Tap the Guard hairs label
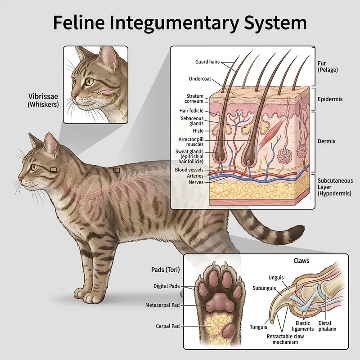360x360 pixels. (207, 62)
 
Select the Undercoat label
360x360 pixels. (200, 79)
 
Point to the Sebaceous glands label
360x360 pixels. (192, 121)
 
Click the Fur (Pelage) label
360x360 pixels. (328, 67)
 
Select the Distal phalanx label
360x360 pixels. (327, 326)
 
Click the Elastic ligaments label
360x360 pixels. (303, 326)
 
